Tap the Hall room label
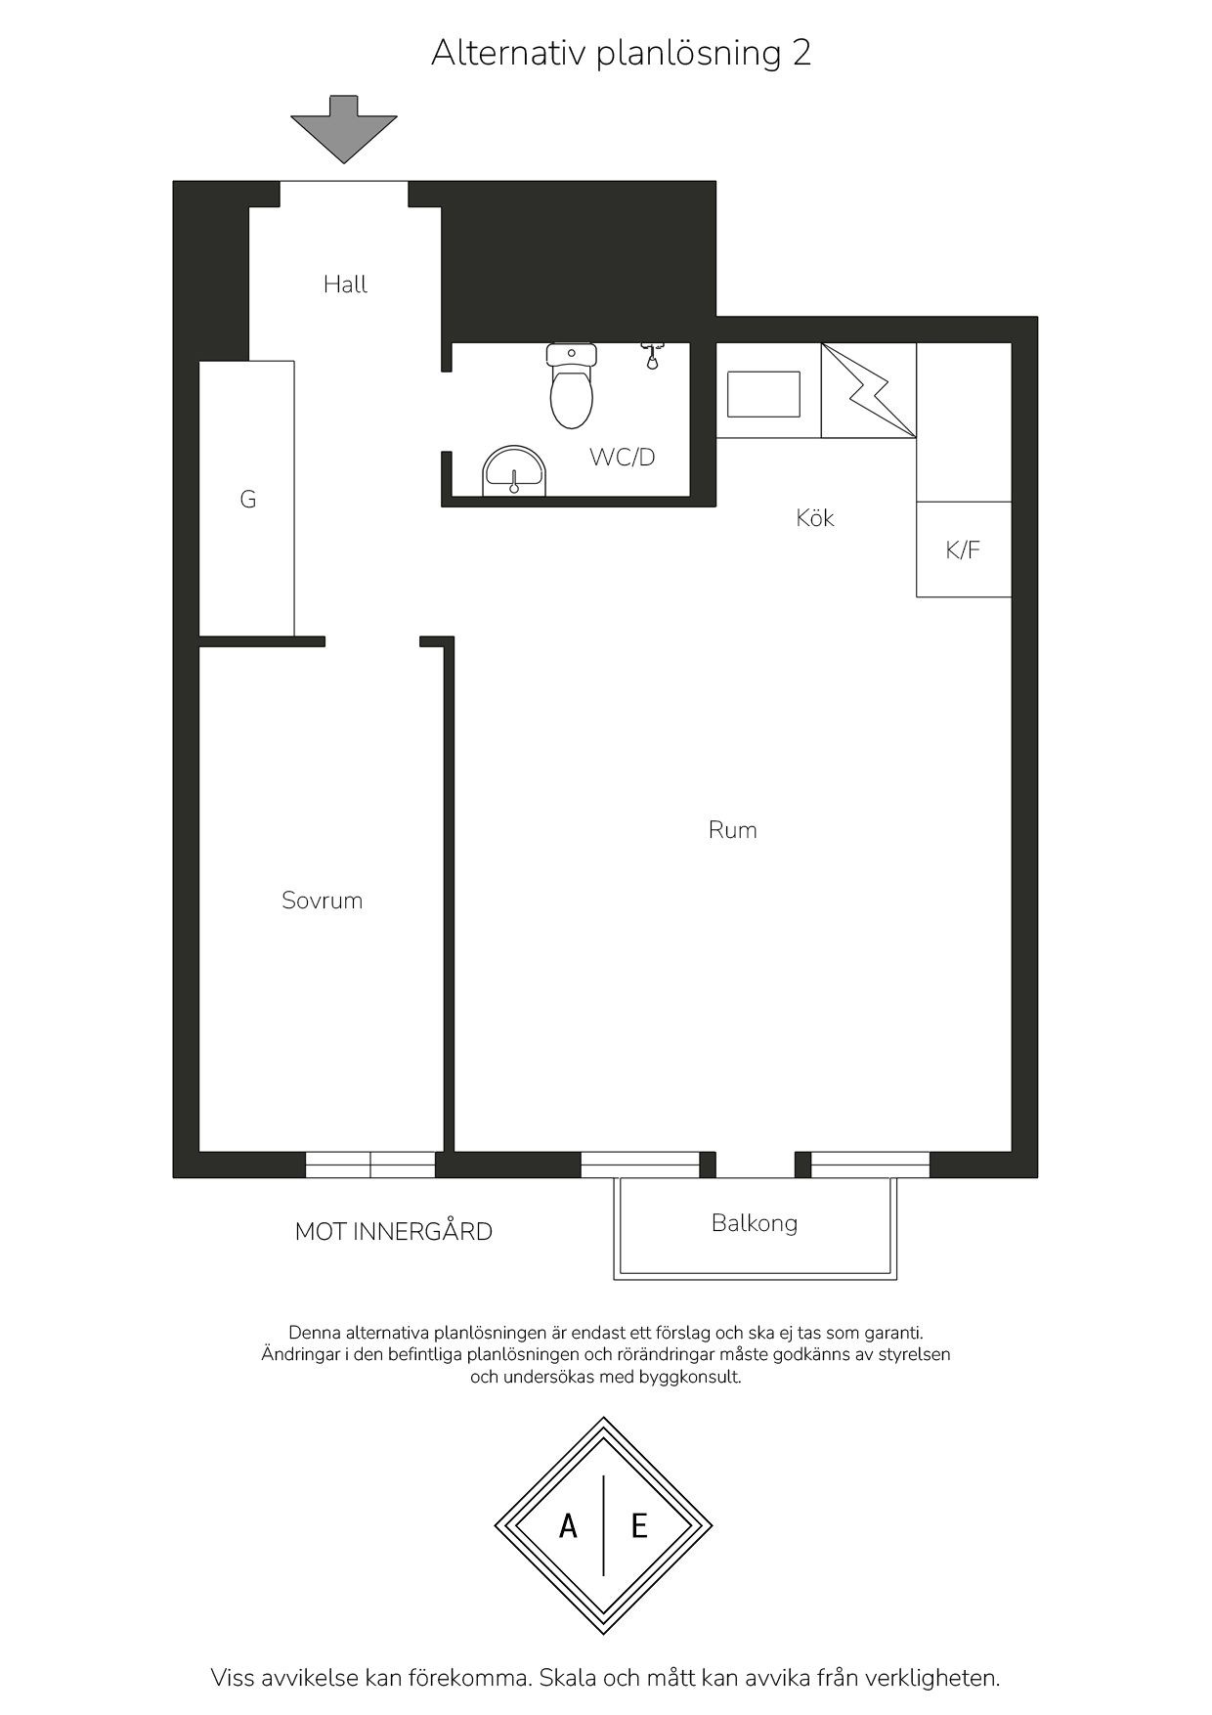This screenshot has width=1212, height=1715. click(346, 285)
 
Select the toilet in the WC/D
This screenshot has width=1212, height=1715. click(572, 386)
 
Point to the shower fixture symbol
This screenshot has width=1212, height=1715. click(652, 355)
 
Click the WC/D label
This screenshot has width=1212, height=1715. click(622, 457)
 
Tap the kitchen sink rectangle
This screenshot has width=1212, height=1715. click(763, 394)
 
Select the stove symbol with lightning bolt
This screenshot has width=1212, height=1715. click(869, 390)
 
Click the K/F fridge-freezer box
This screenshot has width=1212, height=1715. click(963, 550)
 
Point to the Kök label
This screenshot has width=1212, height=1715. click(815, 517)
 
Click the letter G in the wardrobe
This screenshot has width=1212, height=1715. click(248, 500)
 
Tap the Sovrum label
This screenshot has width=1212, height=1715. click(323, 901)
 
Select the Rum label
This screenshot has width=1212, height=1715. click(733, 830)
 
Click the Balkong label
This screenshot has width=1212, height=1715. click(755, 1223)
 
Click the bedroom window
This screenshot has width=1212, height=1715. click(370, 1165)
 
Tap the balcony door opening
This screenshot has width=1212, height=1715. click(756, 1165)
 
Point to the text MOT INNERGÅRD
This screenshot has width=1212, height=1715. click(394, 1231)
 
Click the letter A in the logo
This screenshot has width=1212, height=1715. click(568, 1525)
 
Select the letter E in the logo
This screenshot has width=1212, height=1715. click(639, 1525)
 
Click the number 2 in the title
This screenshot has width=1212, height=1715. click(801, 53)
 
